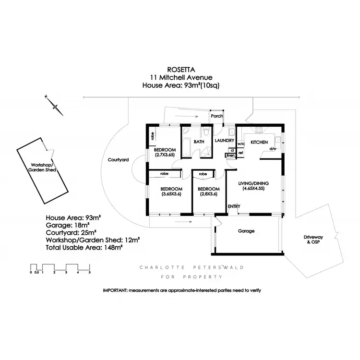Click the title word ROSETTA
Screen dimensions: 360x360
point(180,69)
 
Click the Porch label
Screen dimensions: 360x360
point(216,116)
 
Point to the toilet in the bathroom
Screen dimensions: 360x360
point(206,132)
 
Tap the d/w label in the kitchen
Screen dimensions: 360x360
point(273,149)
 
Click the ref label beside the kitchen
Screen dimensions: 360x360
point(240,153)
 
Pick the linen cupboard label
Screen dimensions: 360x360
point(230,156)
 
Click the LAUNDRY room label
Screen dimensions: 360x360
point(224,141)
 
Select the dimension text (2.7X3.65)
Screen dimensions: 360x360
point(165,156)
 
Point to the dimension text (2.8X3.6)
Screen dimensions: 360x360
point(209,194)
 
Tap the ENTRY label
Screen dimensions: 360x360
point(234,207)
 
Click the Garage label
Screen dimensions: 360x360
point(246,231)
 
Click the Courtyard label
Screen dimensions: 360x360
point(118,160)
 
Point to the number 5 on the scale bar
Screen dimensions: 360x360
point(89,273)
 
